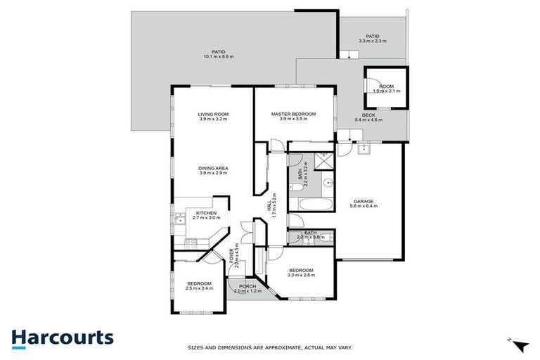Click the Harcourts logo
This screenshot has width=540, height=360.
click(x=62, y=337)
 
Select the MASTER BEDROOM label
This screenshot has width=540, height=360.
click(x=293, y=114)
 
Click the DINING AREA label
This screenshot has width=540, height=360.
click(x=212, y=168)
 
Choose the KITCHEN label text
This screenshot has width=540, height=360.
click(x=206, y=213)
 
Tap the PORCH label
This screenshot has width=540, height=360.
click(x=247, y=286)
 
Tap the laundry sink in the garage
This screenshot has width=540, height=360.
click(x=364, y=149)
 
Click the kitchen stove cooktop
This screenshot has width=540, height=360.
click(x=190, y=242)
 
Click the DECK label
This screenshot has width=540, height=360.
click(x=368, y=115)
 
